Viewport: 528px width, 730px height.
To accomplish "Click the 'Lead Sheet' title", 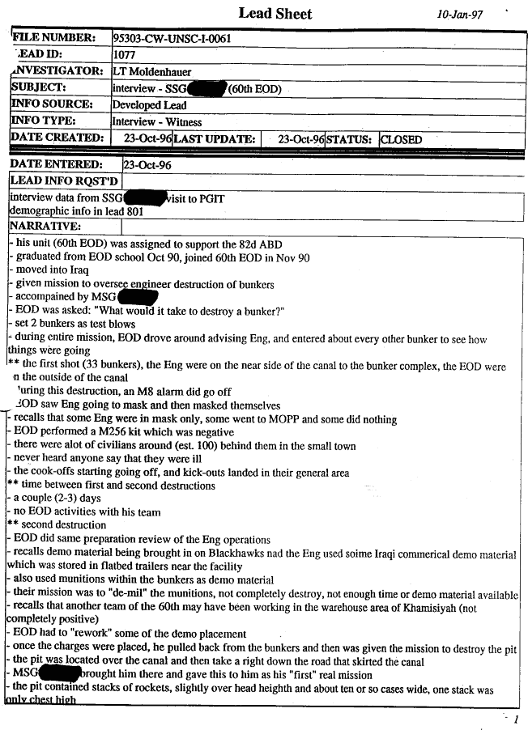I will (x=275, y=13).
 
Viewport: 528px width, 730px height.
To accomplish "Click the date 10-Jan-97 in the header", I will (x=459, y=14).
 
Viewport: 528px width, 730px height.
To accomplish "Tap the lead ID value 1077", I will (x=125, y=55).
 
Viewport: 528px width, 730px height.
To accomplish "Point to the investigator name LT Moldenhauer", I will (x=152, y=71).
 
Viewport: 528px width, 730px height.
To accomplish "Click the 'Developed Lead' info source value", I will (x=149, y=105).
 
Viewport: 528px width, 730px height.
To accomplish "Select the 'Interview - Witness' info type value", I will (x=156, y=122).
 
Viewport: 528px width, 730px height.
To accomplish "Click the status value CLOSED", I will (x=402, y=139).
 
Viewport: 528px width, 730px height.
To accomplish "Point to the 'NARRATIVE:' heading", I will (x=45, y=226).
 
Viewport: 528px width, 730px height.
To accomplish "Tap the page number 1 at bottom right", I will (x=516, y=719).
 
